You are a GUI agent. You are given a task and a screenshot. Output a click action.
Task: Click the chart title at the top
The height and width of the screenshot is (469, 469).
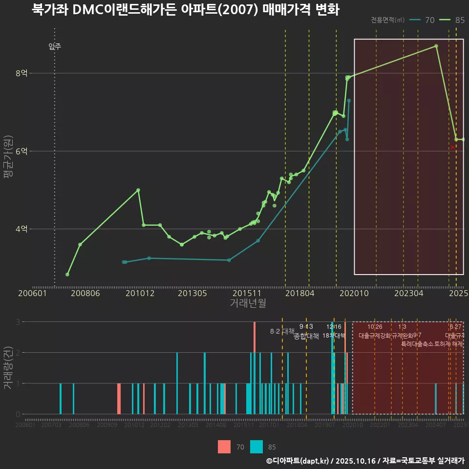coord(185,10)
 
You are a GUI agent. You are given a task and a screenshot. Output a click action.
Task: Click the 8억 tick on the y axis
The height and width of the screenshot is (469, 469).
coord(21,73)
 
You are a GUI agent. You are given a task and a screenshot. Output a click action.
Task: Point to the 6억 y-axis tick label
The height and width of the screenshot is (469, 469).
coord(21,151)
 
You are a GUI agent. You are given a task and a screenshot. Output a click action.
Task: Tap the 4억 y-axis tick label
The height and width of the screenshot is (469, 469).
coord(21,229)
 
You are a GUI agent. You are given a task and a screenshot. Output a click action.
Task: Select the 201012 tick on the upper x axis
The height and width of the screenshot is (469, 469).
coord(140,294)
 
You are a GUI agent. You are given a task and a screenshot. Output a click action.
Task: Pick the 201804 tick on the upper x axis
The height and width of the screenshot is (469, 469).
coord(299,294)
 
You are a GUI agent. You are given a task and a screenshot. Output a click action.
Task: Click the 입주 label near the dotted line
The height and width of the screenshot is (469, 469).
coord(55,47)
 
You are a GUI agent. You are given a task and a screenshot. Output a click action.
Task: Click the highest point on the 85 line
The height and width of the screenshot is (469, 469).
coord(436,46)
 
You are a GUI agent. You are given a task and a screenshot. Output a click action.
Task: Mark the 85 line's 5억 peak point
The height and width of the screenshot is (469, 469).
coord(138,190)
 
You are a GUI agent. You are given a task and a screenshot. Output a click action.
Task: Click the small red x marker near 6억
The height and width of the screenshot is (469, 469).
coord(452,147)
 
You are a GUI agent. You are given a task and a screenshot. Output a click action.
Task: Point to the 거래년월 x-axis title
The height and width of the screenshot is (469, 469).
coord(248,303)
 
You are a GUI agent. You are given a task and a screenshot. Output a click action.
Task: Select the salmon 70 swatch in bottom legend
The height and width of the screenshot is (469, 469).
coord(224,447)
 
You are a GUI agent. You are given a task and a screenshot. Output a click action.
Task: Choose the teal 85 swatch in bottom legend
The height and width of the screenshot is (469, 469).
coord(256,447)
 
